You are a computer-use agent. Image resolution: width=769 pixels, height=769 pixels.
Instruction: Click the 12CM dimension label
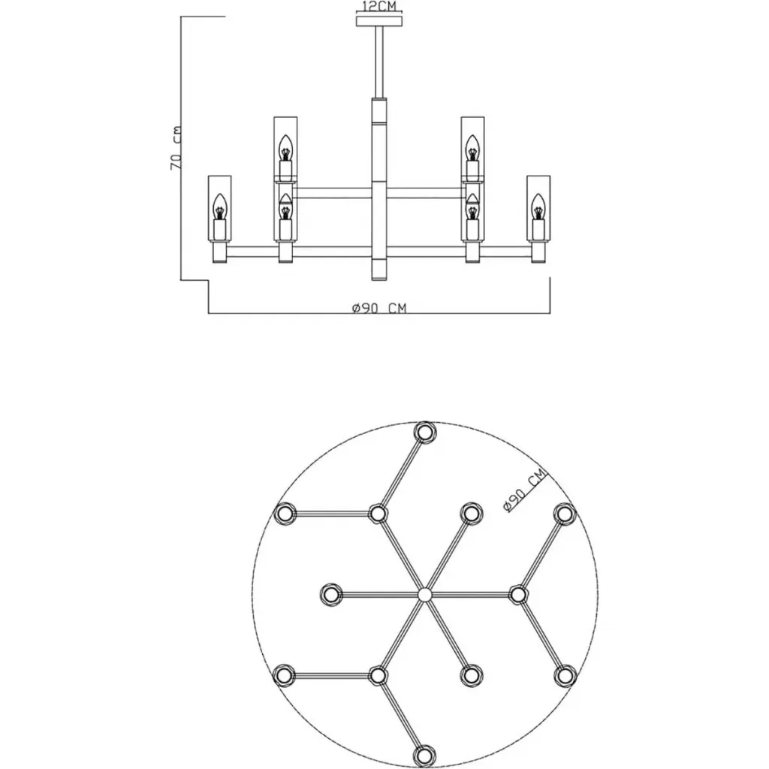(378, 6)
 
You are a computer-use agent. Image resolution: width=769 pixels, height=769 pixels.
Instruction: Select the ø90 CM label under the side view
(379, 308)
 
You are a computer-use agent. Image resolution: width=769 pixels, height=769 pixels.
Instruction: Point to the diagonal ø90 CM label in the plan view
(524, 490)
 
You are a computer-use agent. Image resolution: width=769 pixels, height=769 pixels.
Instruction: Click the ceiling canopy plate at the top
(379, 21)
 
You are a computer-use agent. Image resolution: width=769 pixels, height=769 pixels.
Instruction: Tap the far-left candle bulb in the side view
(220, 207)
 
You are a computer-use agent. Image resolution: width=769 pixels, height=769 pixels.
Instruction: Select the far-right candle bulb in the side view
(538, 207)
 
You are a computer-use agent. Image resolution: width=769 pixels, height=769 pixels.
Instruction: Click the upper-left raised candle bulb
(285, 148)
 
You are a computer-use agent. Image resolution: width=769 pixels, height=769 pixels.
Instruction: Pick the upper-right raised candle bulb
(472, 148)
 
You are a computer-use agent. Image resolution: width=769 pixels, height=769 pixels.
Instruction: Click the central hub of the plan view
(425, 595)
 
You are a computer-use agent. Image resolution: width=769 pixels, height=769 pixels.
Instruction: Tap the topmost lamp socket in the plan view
(425, 432)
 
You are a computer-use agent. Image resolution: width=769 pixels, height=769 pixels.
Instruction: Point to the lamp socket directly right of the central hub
(518, 595)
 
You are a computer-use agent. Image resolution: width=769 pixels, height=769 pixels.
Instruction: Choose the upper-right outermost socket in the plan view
(565, 514)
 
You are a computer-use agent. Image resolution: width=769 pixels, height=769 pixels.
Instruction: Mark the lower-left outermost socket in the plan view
(284, 675)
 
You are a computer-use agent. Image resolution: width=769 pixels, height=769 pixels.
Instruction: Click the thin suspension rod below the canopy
(379, 62)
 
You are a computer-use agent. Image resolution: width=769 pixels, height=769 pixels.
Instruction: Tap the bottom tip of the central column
(379, 280)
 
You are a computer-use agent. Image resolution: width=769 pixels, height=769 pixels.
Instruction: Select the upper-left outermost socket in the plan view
(284, 514)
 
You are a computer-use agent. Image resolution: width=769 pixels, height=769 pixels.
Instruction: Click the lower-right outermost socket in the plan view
(565, 675)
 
